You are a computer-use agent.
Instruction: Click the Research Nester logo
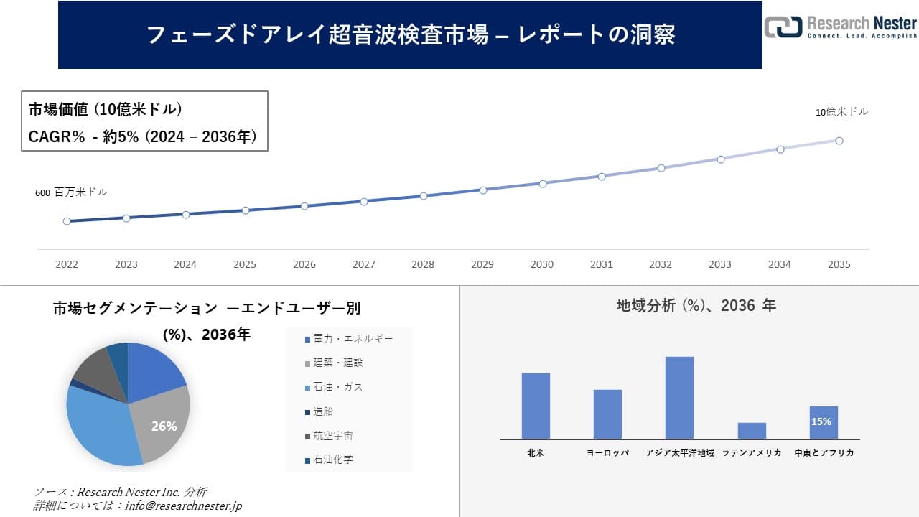(840, 27)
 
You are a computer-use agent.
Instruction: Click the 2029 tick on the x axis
(482, 264)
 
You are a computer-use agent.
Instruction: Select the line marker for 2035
(839, 141)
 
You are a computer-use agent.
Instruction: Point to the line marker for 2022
(67, 221)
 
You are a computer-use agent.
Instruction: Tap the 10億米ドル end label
(841, 112)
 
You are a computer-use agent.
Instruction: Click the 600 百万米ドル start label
(71, 192)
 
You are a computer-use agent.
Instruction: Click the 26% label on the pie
(164, 426)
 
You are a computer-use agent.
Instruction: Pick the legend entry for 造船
(322, 411)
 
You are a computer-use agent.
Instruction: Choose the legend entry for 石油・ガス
(337, 387)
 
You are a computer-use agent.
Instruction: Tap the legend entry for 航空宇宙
(332, 436)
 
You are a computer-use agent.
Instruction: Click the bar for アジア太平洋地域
(679, 397)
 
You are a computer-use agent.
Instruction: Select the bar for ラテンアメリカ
(752, 430)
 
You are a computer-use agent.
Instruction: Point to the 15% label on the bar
(821, 421)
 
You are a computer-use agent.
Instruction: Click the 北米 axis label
(536, 453)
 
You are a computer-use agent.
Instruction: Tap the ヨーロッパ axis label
(607, 453)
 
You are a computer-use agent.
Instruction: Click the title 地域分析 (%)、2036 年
(696, 306)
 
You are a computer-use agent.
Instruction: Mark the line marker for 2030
(542, 183)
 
